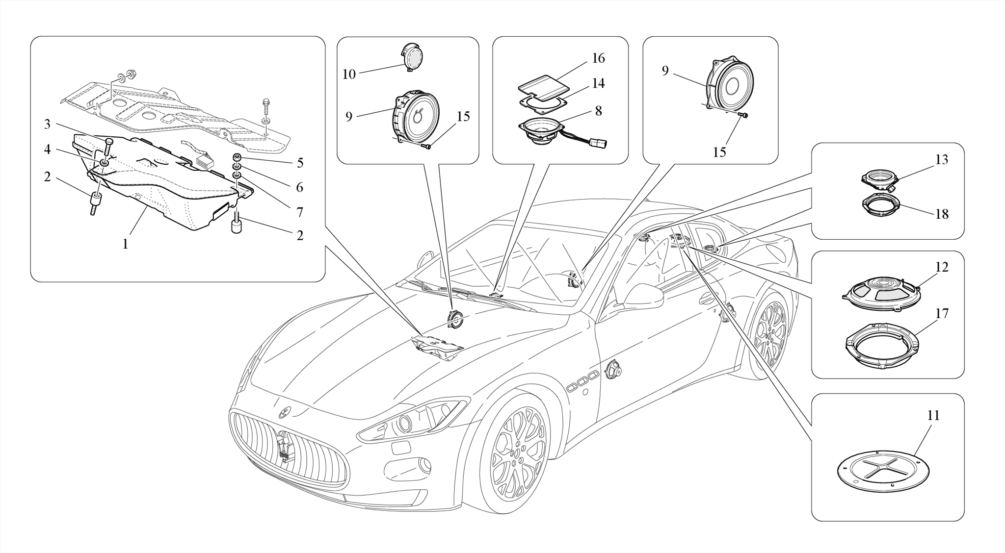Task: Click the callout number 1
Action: [x=125, y=244]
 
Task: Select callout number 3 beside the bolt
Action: [x=47, y=125]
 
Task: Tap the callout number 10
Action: [x=349, y=75]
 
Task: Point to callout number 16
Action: [x=598, y=58]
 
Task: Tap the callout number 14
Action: [x=598, y=84]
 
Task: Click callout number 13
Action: [x=942, y=160]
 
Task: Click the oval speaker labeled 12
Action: [x=881, y=293]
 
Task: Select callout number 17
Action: [x=942, y=313]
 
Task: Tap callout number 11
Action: [x=933, y=416]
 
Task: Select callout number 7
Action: [x=300, y=212]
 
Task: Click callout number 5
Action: [x=300, y=163]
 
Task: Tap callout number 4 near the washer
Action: [x=47, y=150]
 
